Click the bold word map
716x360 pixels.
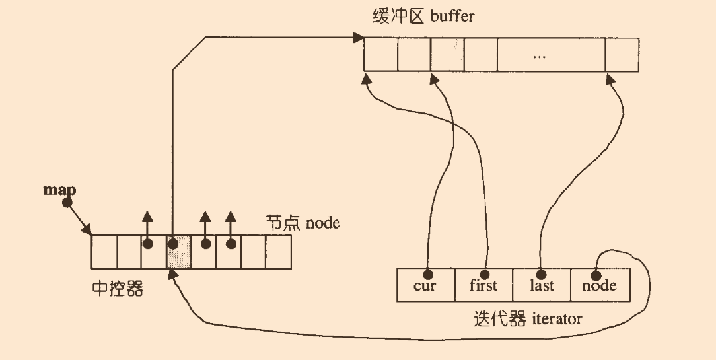[59, 190]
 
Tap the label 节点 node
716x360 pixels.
[303, 223]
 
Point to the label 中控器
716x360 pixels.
[117, 289]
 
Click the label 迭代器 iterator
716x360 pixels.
[528, 319]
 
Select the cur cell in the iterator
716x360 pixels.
[426, 284]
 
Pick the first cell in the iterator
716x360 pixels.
[483, 284]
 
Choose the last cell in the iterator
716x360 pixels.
[541, 284]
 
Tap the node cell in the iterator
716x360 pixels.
[600, 284]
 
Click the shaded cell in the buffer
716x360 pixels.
[447, 54]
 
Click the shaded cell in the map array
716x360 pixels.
[179, 251]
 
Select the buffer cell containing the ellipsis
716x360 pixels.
[538, 54]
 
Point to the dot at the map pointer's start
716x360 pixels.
[67, 203]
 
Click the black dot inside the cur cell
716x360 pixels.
[428, 273]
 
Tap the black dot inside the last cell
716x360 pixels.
[540, 273]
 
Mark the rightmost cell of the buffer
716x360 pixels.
[622, 54]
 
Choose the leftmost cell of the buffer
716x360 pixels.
[380, 54]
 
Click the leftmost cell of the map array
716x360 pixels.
[104, 251]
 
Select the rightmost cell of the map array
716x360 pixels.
[278, 251]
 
